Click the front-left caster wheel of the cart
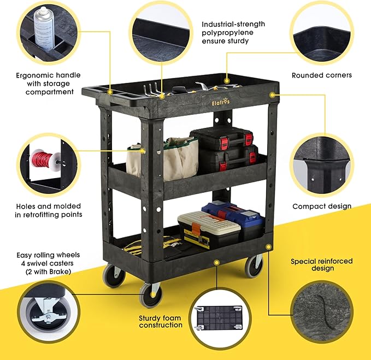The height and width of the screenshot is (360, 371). [x=150, y=296]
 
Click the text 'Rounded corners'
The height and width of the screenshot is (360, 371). [x=321, y=75]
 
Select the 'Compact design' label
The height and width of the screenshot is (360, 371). [x=322, y=206]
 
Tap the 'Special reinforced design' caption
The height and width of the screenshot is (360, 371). [x=321, y=264]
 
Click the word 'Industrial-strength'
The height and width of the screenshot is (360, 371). [x=233, y=25]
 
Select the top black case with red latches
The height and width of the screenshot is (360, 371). [x=221, y=137]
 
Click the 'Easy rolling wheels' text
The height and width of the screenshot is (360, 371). [x=49, y=255]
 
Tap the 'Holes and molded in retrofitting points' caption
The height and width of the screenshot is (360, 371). [x=49, y=210]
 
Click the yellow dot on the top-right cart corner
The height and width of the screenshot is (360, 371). [x=271, y=95]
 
